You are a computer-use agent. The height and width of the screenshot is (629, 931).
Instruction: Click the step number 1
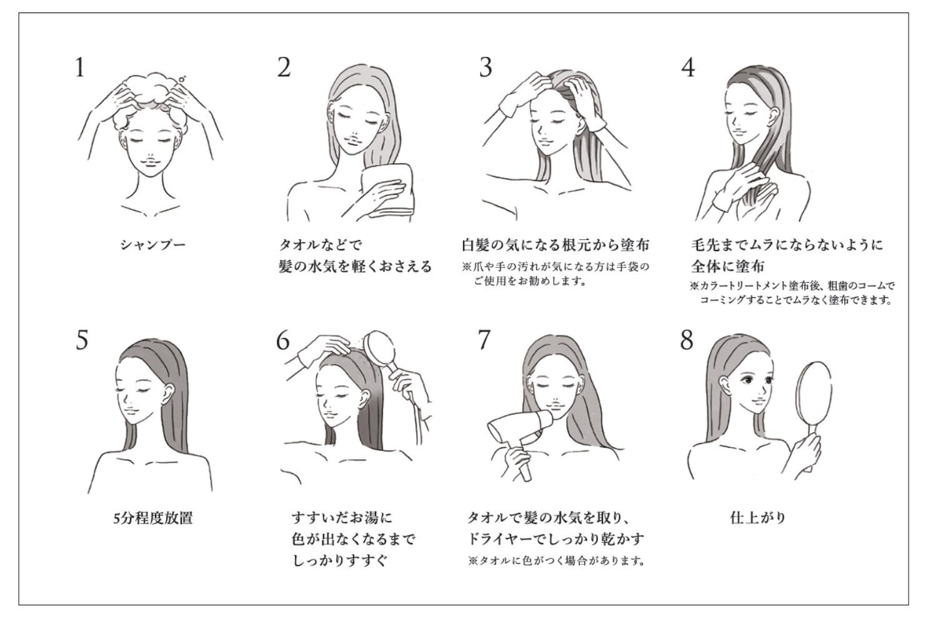[x=80, y=67]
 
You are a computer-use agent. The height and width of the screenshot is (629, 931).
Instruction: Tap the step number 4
[x=688, y=67]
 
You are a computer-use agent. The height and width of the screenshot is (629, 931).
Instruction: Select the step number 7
[x=484, y=340]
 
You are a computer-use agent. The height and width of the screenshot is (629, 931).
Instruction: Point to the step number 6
[x=282, y=340]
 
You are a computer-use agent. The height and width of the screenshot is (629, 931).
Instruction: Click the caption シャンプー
[x=153, y=245]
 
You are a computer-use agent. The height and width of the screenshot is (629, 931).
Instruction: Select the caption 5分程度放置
[x=153, y=518]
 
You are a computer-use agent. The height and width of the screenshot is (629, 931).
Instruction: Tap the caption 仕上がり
[x=758, y=518]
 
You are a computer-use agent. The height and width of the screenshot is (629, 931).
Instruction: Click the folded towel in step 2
[x=387, y=191]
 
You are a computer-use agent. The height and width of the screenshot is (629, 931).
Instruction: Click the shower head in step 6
[x=379, y=347]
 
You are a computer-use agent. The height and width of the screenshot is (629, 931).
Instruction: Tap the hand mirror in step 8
[x=814, y=399]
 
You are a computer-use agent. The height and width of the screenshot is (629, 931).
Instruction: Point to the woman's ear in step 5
[x=168, y=394]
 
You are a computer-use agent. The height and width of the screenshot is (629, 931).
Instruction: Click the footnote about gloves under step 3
[x=555, y=274]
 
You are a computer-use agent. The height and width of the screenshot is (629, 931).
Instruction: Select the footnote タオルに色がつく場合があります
[x=557, y=561]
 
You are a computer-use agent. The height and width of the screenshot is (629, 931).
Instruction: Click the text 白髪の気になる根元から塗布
[x=555, y=245]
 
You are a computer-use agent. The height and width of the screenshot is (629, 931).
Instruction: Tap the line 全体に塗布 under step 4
[x=728, y=266]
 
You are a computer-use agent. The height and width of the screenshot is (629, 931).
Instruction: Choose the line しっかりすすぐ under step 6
[x=339, y=560]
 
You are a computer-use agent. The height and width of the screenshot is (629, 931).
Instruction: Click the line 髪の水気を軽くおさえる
[x=356, y=266]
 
